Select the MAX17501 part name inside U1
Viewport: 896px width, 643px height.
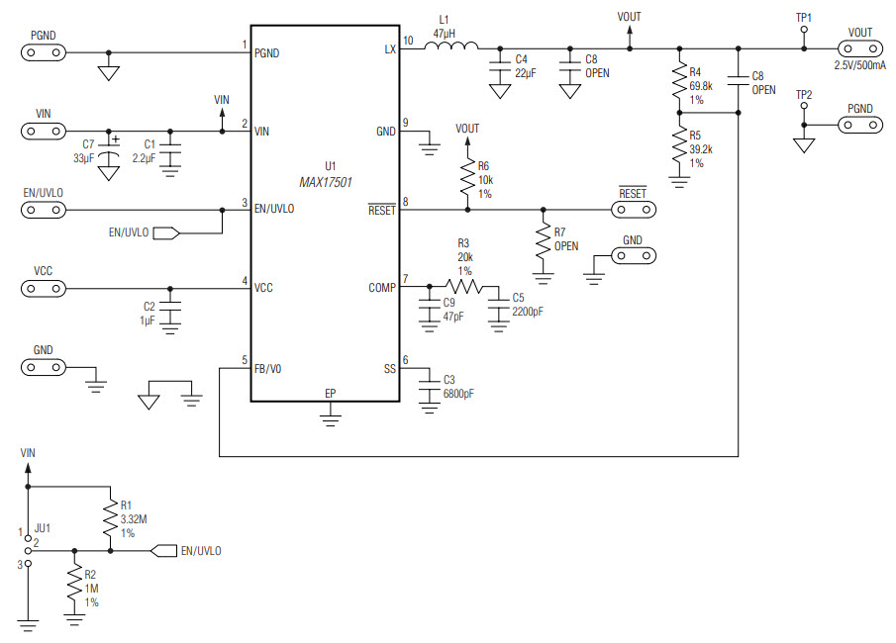326,182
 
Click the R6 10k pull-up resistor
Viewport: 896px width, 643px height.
467,178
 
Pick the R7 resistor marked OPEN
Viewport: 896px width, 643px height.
543,239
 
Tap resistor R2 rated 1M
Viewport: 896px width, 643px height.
73,584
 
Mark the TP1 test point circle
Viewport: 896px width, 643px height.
803,31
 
